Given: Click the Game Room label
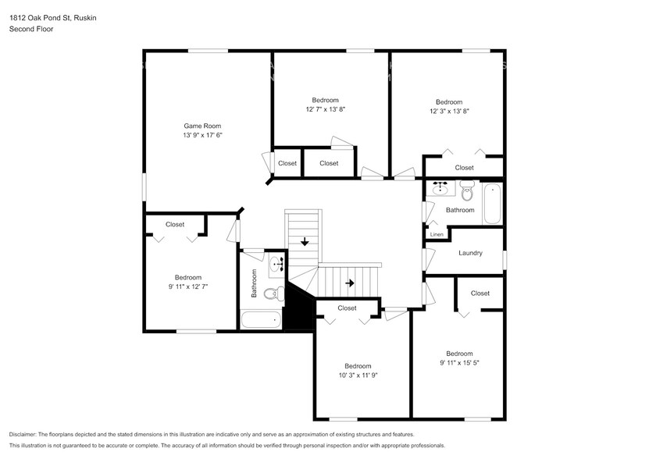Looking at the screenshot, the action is (202, 126).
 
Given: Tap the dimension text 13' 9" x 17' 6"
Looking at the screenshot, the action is (203, 135).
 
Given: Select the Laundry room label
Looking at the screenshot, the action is (470, 253).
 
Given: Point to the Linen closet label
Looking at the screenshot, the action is (437, 234).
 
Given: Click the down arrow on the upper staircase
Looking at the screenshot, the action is (305, 241).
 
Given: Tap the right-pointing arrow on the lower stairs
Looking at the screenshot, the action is (350, 283).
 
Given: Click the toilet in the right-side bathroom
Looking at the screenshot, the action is (467, 190).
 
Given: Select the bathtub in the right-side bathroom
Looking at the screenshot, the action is (492, 204).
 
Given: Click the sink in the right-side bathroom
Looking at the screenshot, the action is (440, 189).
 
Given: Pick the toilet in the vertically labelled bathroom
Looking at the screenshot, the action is (274, 294).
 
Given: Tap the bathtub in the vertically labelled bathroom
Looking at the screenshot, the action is (261, 319).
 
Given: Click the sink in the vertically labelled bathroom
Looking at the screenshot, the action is (276, 264).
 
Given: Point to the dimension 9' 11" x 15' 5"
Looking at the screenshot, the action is (459, 362).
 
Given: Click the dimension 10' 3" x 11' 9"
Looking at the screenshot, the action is (358, 375).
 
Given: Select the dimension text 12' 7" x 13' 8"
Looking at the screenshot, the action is (326, 109).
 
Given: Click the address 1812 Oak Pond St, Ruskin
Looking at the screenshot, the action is (53, 18).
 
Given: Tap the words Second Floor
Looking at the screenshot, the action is (31, 29).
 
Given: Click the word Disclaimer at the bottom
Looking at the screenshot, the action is (23, 435).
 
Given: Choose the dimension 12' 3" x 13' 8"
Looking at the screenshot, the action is (449, 111).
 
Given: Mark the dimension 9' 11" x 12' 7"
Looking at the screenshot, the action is (188, 286).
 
